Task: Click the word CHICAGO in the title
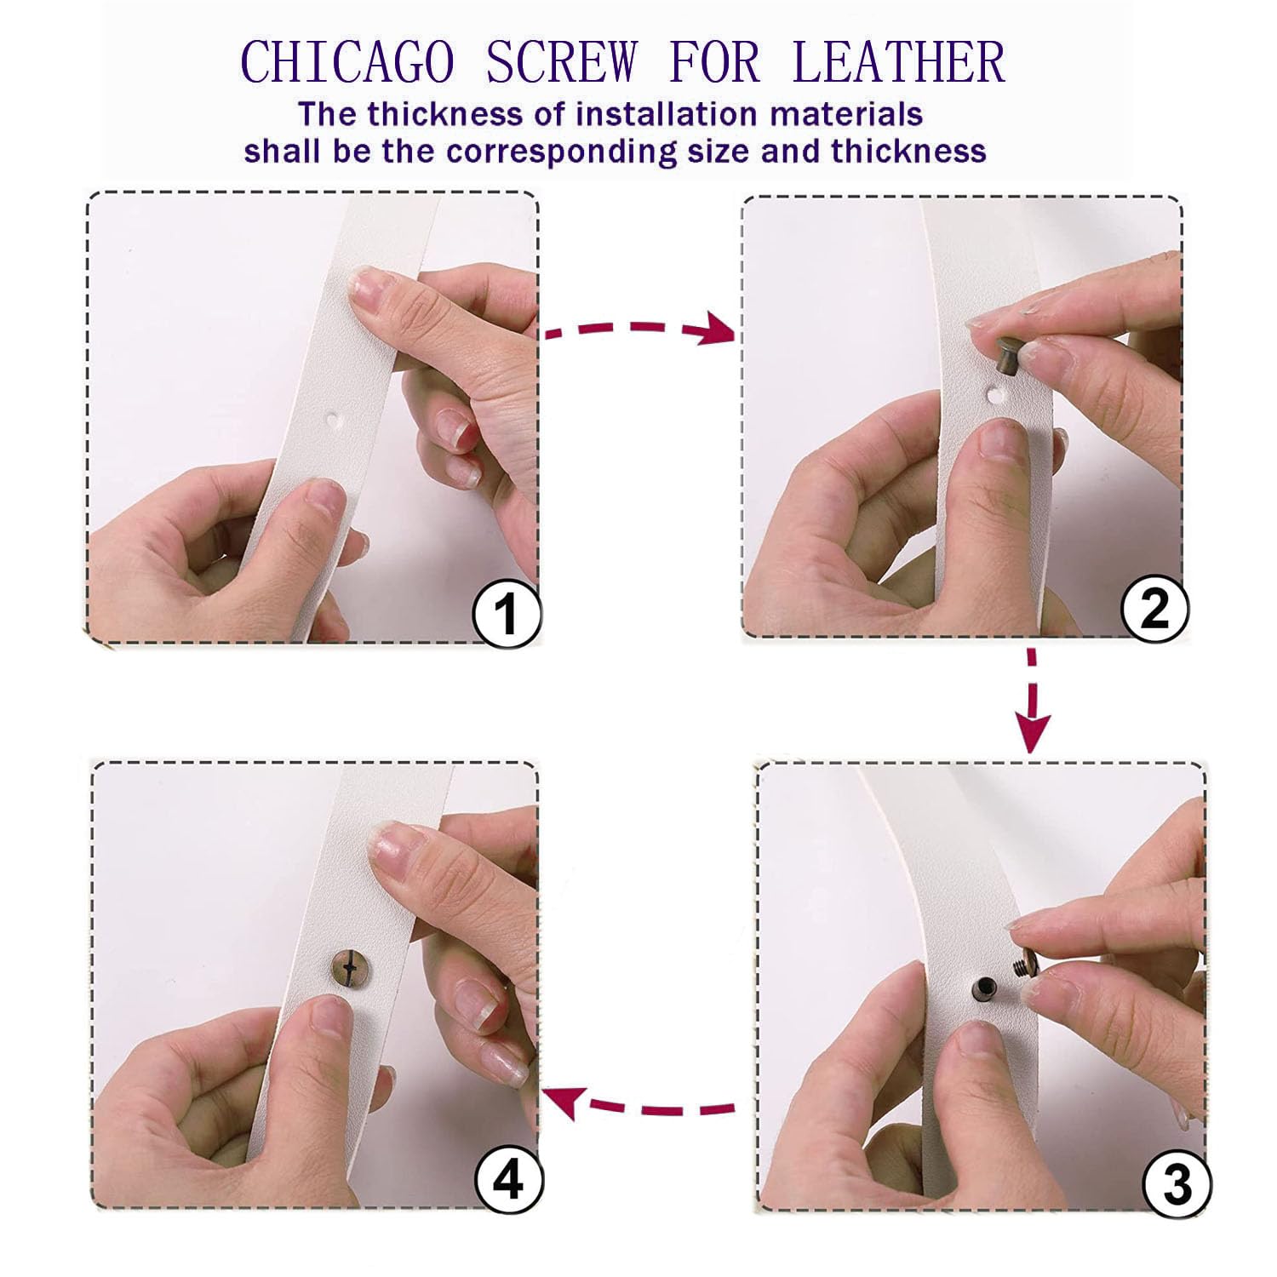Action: tap(346, 61)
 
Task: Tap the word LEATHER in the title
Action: tap(899, 61)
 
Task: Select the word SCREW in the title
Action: tap(562, 61)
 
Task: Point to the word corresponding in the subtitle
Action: tap(557, 152)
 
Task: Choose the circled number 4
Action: tap(508, 1180)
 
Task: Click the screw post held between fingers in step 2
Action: tap(1004, 352)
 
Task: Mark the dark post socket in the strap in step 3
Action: tap(980, 988)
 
